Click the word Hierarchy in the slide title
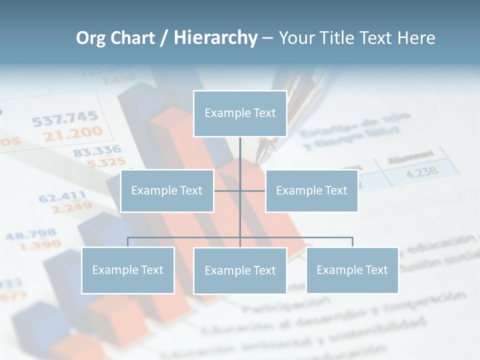point(215,38)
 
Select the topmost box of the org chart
point(240,113)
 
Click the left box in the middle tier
point(167,191)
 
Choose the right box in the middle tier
point(311,191)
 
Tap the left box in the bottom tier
point(127,270)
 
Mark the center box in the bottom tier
point(240,271)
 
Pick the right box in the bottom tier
point(352,270)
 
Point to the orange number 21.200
point(72,133)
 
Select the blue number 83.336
point(97,150)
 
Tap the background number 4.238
point(422,172)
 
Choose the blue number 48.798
point(31,234)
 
